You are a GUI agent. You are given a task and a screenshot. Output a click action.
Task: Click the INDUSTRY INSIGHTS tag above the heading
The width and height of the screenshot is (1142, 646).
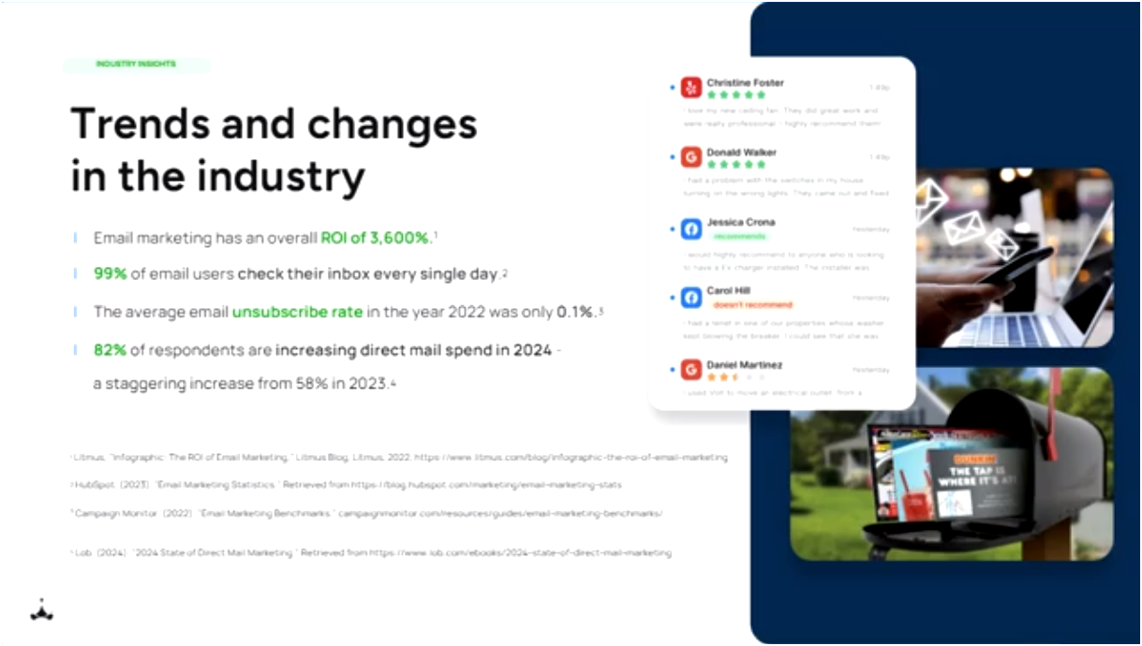136,65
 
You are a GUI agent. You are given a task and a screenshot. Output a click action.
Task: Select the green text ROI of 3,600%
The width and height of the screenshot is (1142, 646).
375,238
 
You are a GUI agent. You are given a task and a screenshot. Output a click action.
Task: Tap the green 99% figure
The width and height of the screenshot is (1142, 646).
110,274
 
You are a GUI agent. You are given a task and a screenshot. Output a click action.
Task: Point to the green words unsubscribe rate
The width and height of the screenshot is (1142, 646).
297,312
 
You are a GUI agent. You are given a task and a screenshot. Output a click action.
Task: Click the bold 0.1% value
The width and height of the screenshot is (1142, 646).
576,312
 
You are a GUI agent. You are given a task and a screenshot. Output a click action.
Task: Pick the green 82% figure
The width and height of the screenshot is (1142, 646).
110,350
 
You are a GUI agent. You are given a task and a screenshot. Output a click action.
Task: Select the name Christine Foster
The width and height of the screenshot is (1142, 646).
745,82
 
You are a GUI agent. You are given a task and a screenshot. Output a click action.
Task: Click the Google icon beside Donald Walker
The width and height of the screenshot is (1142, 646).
691,157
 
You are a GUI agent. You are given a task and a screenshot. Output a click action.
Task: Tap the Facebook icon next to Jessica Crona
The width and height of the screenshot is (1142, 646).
691,228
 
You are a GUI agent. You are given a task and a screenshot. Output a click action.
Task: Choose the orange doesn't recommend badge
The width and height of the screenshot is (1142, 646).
752,305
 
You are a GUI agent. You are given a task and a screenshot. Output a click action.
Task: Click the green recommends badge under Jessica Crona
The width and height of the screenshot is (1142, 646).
739,236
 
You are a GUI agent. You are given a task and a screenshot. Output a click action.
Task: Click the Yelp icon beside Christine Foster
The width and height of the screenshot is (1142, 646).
691,88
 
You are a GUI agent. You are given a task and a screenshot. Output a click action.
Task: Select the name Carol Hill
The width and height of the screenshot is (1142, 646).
729,291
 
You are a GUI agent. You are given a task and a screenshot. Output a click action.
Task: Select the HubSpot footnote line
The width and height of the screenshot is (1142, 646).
347,485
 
